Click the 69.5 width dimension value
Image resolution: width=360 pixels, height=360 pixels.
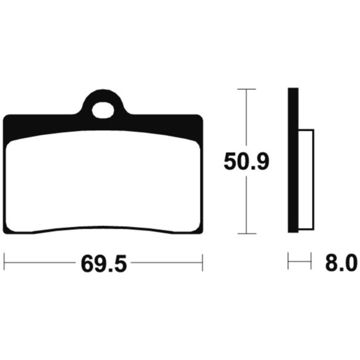(104, 263)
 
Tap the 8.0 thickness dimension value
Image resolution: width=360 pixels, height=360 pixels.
(341, 263)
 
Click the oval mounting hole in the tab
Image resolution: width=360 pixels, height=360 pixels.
(103, 110)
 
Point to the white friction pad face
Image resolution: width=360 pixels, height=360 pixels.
(103, 181)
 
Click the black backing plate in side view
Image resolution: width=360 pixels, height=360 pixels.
(293, 160)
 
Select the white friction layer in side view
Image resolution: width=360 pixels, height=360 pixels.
(306, 179)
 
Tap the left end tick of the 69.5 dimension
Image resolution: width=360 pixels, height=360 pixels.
(4, 262)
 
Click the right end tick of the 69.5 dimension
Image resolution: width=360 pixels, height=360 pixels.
(202, 262)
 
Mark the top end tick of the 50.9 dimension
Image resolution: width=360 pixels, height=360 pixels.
(246, 89)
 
